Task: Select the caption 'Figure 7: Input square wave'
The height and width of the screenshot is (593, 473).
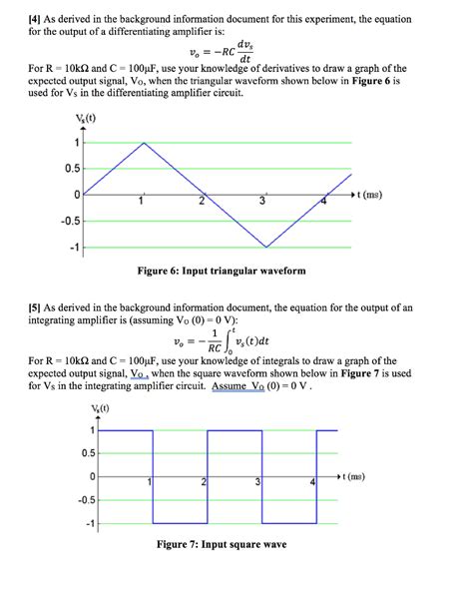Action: [x=221, y=545]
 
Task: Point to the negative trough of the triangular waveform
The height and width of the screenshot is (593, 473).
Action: [x=265, y=247]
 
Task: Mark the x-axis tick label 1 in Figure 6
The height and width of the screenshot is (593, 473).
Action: [x=142, y=204]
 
